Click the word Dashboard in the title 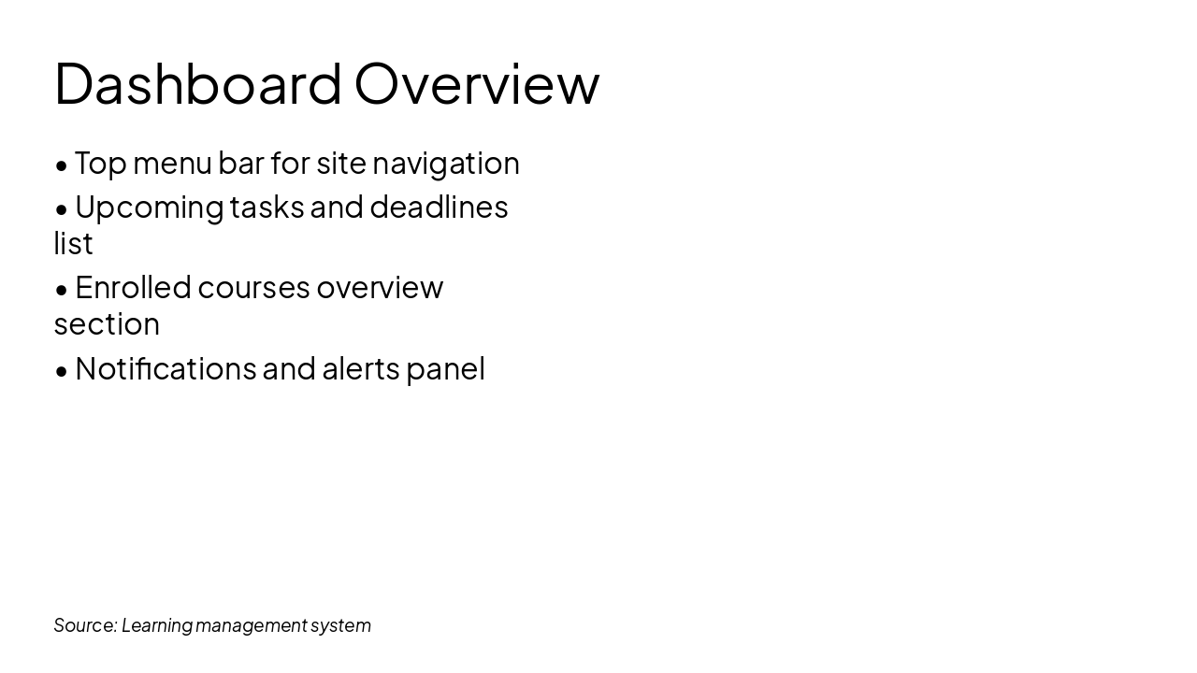point(198,84)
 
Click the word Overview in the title point(476,84)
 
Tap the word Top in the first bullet point(100,163)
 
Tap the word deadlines point(439,207)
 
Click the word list point(73,243)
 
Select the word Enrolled point(133,287)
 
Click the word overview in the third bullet point(380,288)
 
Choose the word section point(107,324)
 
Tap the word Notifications point(166,368)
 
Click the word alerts point(361,368)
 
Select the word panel point(445,369)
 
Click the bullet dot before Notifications point(62,371)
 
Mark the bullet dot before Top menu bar point(62,165)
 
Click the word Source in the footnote point(84,625)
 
